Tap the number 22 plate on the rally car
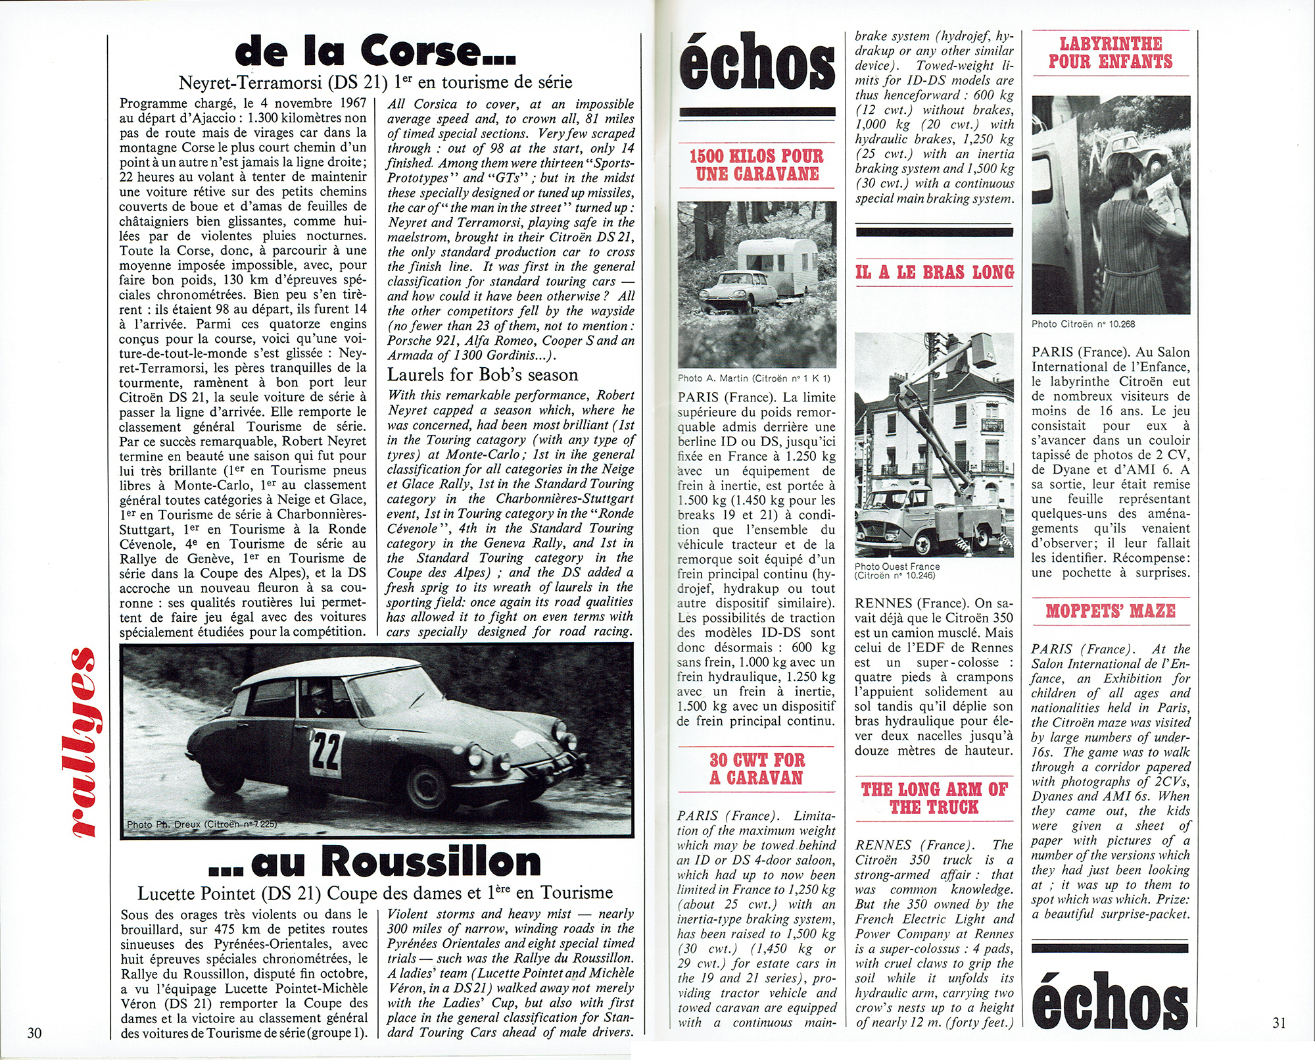[x=325, y=751]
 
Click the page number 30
[x=34, y=1032]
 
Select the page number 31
[x=1278, y=1022]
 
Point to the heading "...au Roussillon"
[x=375, y=863]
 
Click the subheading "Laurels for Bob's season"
[x=483, y=375]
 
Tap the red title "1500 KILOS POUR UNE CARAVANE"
[x=757, y=165]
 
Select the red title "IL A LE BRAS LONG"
[x=934, y=272]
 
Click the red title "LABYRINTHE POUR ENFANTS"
[x=1111, y=53]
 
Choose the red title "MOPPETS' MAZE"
[x=1111, y=611]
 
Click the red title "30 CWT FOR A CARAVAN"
[x=757, y=769]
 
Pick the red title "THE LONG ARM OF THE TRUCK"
[x=934, y=798]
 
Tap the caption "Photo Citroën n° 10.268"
[x=1083, y=324]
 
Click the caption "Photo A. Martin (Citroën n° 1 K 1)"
[x=753, y=378]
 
